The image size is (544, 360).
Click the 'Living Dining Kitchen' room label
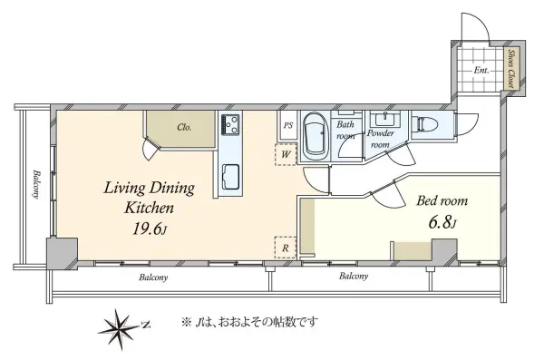149,198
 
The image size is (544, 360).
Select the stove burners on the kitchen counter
229,124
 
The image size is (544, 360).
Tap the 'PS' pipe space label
287,125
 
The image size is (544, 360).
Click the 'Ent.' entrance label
481,70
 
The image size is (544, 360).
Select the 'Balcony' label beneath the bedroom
353,276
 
